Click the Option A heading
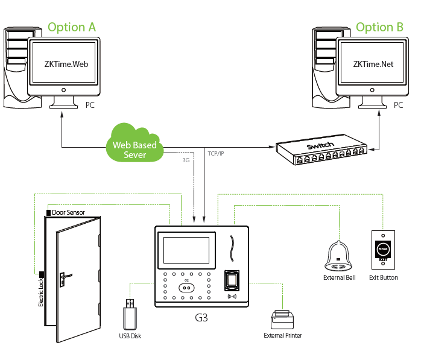pyautogui.click(x=71, y=27)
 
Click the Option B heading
pyautogui.click(x=379, y=27)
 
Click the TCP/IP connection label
pyautogui.click(x=215, y=153)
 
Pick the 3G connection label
pyautogui.click(x=186, y=160)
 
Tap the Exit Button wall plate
pyautogui.click(x=382, y=249)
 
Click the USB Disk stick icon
pyautogui.click(x=130, y=313)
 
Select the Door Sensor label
pyautogui.click(x=68, y=212)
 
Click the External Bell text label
pyautogui.click(x=340, y=278)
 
